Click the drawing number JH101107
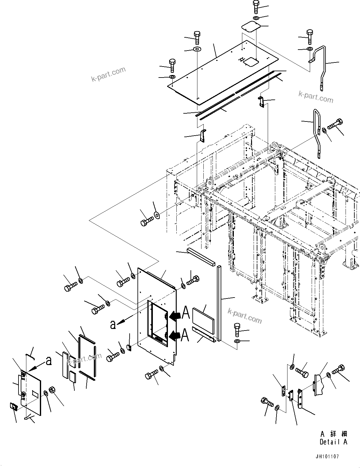coord(327,457)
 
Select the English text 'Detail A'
coord(333,442)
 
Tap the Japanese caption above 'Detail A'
coord(333,434)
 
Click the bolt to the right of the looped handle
coord(335,124)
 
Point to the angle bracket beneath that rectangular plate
coord(204,335)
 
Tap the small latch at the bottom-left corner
coord(13,407)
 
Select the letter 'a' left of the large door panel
coord(113,325)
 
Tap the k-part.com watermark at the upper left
coord(108,74)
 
